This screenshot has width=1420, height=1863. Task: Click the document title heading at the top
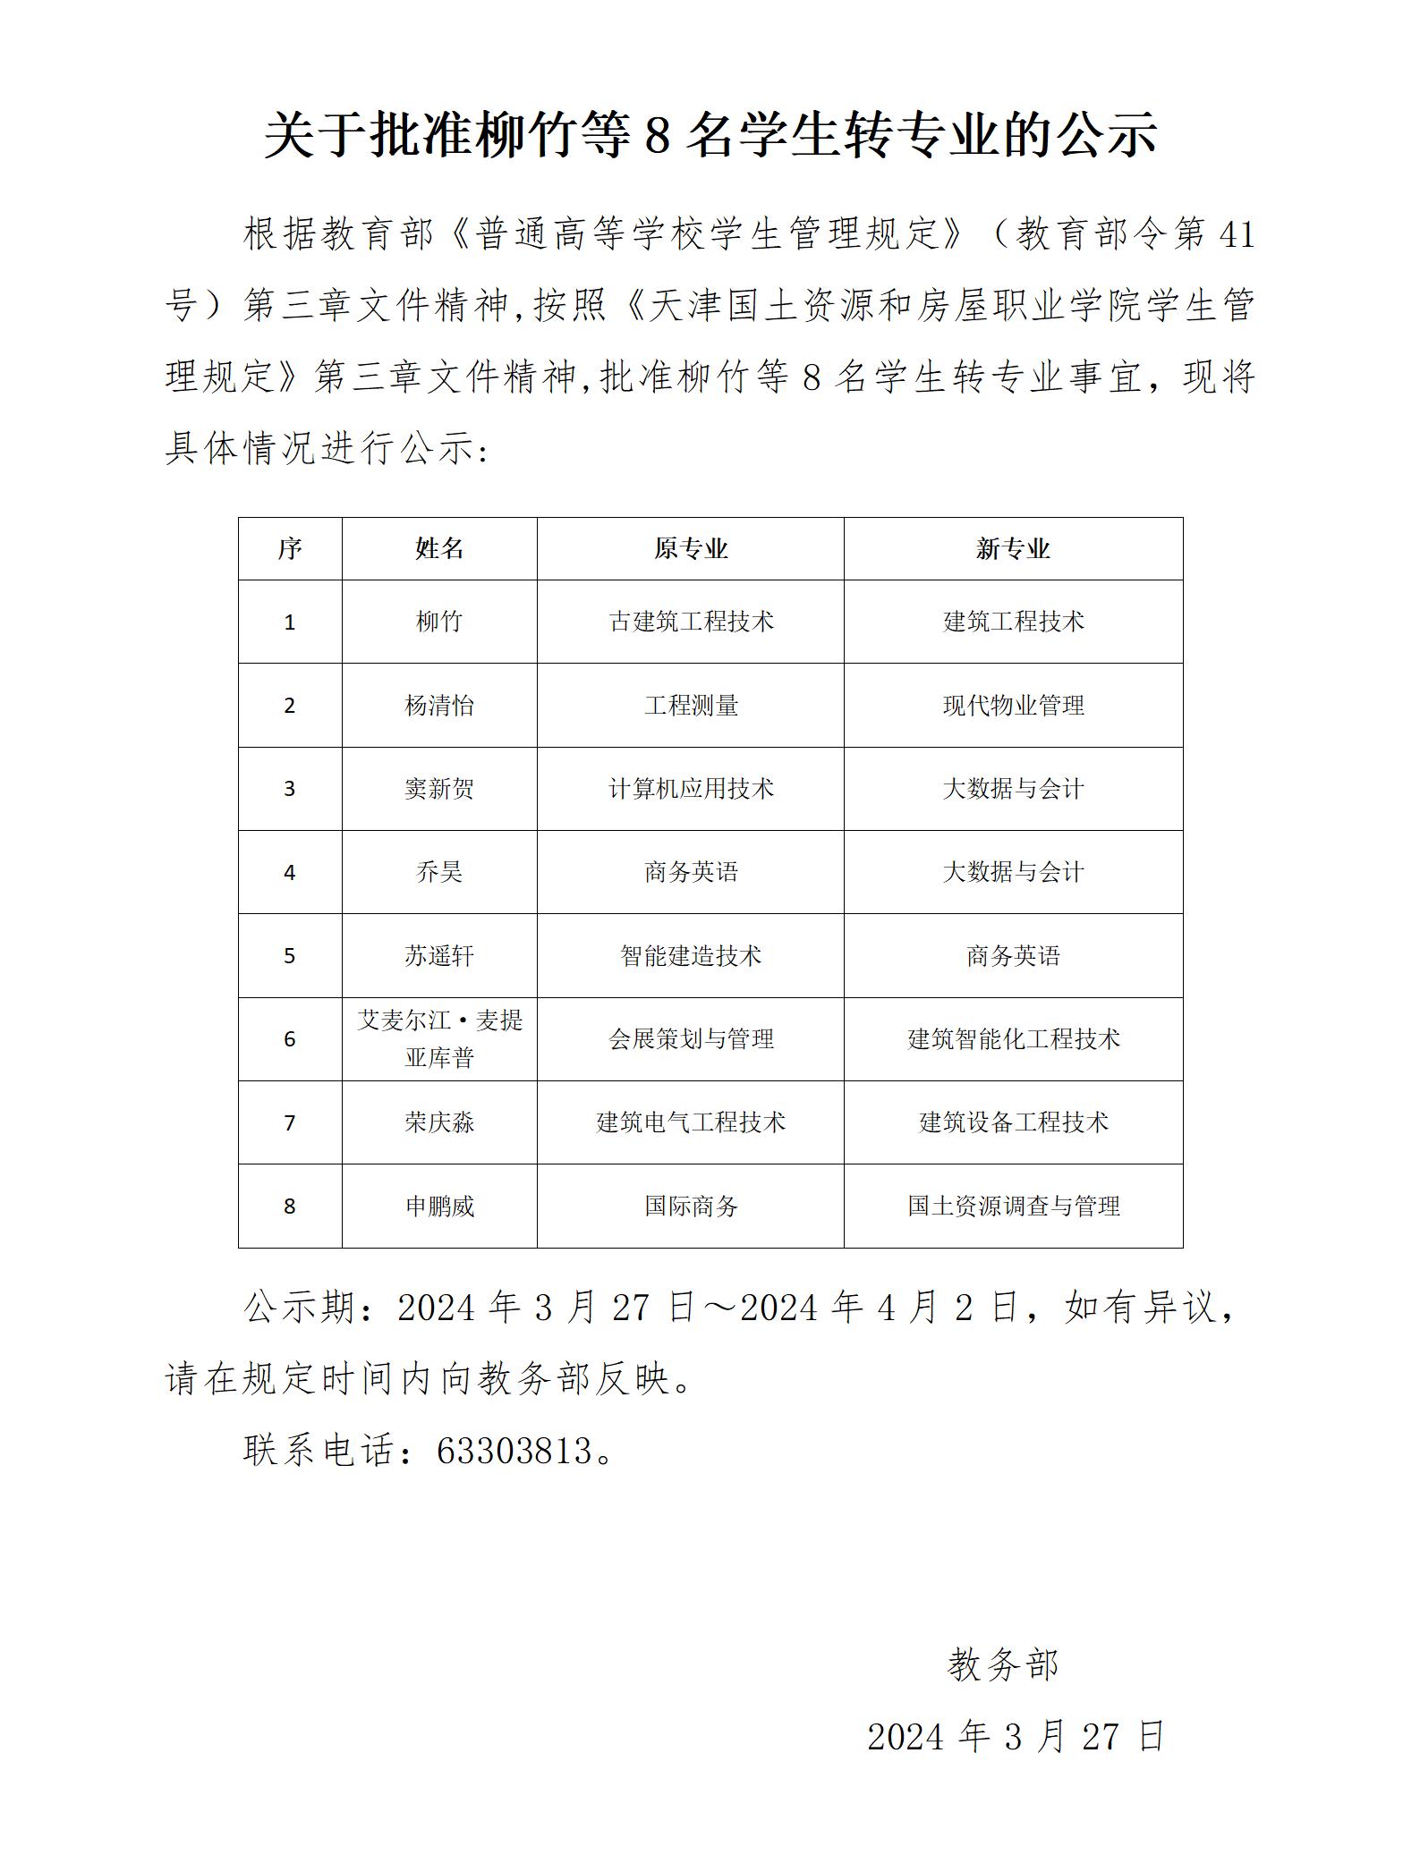click(x=710, y=136)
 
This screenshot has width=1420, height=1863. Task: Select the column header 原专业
click(x=690, y=548)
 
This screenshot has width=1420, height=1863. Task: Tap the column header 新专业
click(x=1013, y=548)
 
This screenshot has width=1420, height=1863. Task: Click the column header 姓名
click(x=439, y=548)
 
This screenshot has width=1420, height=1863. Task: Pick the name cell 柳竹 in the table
click(x=439, y=622)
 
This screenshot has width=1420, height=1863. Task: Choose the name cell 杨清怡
click(x=439, y=706)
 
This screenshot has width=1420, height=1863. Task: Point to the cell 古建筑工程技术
click(x=690, y=622)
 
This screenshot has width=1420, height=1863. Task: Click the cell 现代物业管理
click(x=1013, y=706)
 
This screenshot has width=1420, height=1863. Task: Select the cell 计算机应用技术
click(x=690, y=789)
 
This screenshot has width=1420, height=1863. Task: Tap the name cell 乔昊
click(x=439, y=872)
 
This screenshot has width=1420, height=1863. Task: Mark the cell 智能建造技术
click(x=690, y=956)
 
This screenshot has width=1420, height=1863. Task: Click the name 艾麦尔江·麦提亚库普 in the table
click(x=439, y=1038)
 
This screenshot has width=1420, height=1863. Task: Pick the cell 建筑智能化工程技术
click(x=1013, y=1039)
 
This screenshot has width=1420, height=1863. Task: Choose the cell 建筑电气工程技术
click(x=690, y=1122)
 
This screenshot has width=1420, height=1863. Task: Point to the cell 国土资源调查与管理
click(x=1013, y=1207)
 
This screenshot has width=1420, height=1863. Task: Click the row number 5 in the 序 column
click(x=289, y=956)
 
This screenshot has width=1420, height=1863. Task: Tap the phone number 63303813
click(x=514, y=1451)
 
